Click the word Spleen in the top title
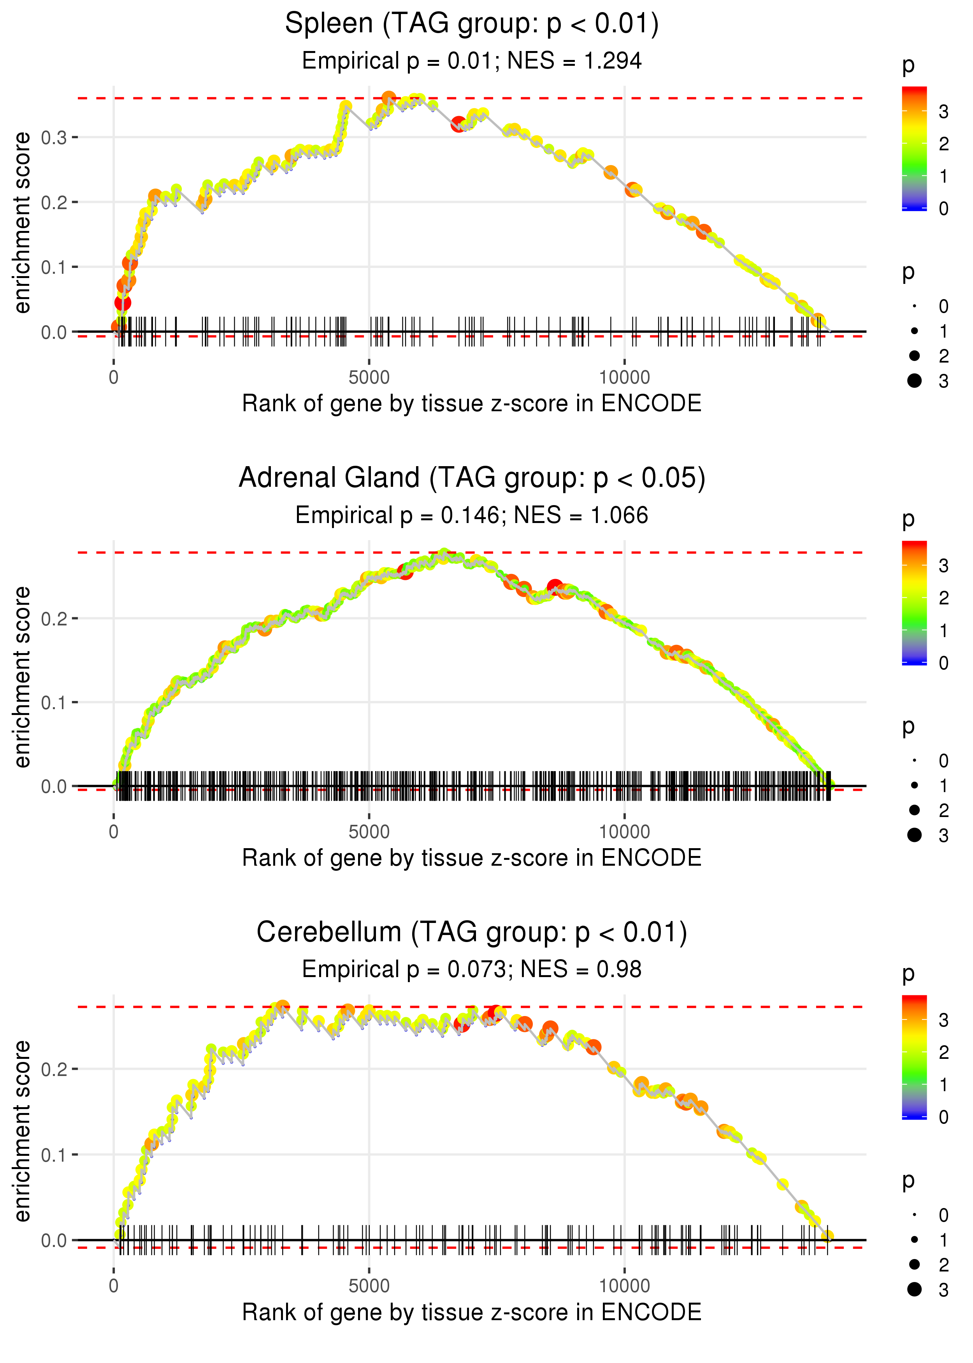tap(328, 24)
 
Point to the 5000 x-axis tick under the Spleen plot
tap(369, 378)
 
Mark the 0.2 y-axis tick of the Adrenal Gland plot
tap(54, 618)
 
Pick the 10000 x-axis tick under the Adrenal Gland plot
tap(624, 832)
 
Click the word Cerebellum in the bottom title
tap(328, 933)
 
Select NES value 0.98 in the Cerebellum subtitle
tap(618, 970)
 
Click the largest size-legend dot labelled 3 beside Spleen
tap(914, 380)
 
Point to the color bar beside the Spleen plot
tap(914, 149)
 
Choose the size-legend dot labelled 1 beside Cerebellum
tap(914, 1240)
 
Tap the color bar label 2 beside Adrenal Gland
tap(944, 598)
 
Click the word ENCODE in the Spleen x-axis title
tap(651, 404)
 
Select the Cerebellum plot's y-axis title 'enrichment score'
tap(23, 1131)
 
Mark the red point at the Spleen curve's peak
tap(388, 98)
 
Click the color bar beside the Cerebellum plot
tap(914, 1057)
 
